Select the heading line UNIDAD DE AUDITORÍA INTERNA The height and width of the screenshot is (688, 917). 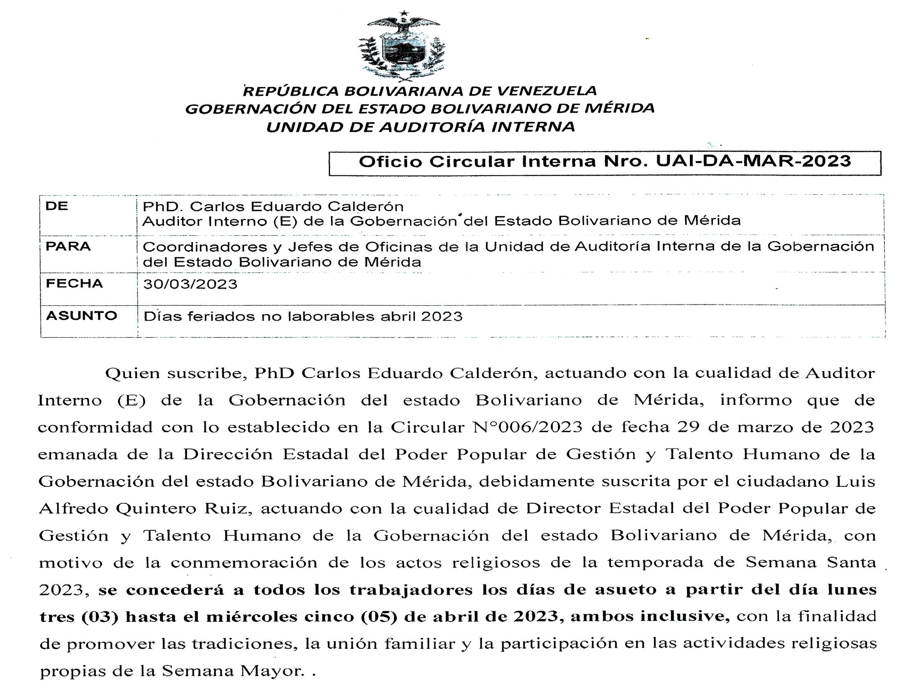[x=420, y=127]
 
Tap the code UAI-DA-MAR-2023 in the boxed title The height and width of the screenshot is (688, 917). [x=753, y=161]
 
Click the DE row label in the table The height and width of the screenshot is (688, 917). [x=56, y=206]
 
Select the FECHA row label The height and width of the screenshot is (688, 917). [x=74, y=284]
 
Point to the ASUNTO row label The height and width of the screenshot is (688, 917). [x=81, y=316]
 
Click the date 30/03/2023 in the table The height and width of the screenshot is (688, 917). [x=190, y=284]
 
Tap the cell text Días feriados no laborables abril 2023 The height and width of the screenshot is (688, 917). [x=303, y=317]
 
